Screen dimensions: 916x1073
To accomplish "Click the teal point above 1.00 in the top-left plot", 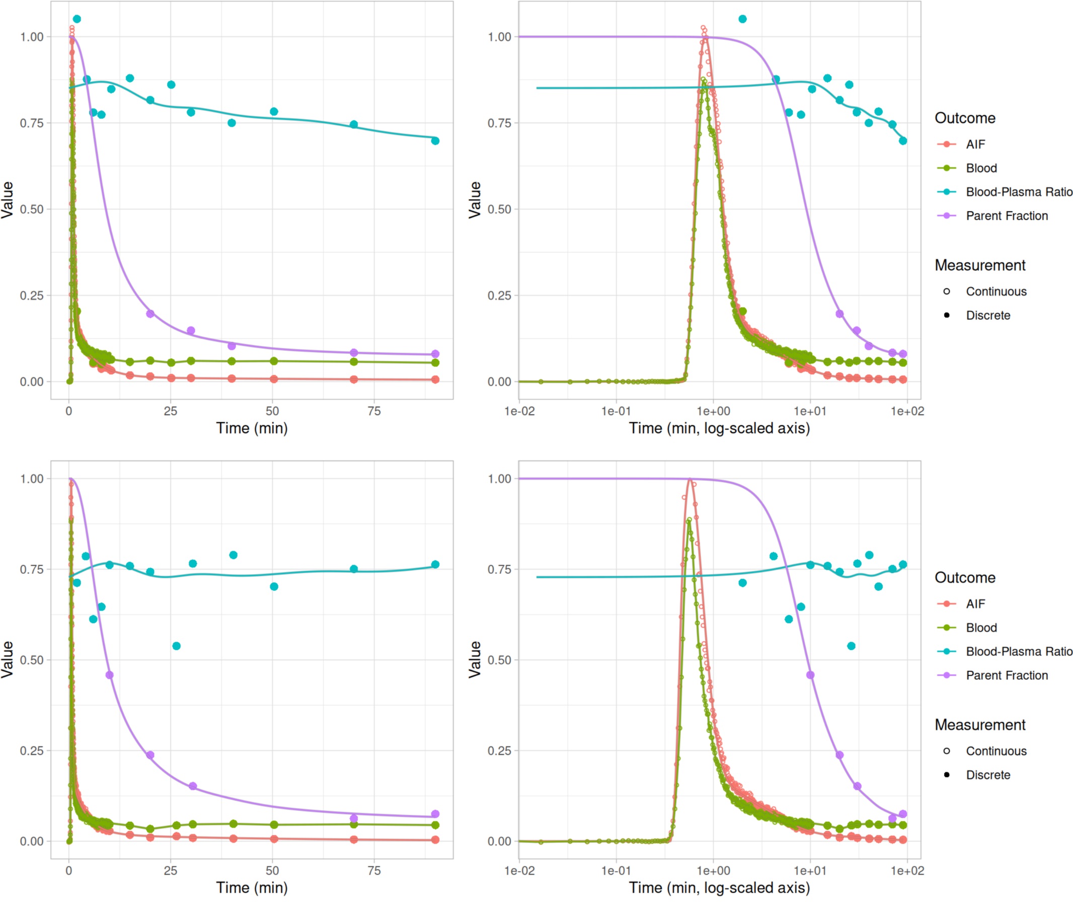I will (76, 19).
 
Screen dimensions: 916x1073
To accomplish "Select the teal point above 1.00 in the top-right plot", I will (742, 19).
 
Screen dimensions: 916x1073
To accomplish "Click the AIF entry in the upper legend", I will (975, 144).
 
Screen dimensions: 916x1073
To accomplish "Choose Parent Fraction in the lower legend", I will (1006, 675).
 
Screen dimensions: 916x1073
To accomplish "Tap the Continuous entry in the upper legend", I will (996, 291).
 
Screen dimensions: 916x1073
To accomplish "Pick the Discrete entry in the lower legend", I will (987, 775).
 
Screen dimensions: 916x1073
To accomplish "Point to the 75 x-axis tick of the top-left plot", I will (374, 411).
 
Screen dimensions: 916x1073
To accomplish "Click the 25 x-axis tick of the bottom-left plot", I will (171, 870).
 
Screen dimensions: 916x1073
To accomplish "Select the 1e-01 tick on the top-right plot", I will (616, 411).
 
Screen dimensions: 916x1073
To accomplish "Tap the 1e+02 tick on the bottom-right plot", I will (907, 870).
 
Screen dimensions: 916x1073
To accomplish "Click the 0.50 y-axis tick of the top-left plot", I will (32, 209).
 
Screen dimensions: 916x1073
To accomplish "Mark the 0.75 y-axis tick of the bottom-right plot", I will (499, 569).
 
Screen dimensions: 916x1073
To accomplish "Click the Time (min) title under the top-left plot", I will (252, 428).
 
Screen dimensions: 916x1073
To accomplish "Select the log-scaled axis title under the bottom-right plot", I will (719, 887).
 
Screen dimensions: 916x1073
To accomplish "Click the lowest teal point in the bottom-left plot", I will (176, 646).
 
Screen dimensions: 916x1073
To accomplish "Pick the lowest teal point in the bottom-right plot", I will (851, 646).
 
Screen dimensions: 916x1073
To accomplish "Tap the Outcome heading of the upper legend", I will (965, 118).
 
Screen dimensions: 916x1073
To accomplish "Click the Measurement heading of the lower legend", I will (980, 725).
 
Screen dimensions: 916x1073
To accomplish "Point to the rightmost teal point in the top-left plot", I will (435, 141).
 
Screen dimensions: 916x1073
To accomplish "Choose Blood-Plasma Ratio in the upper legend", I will (1019, 192).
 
